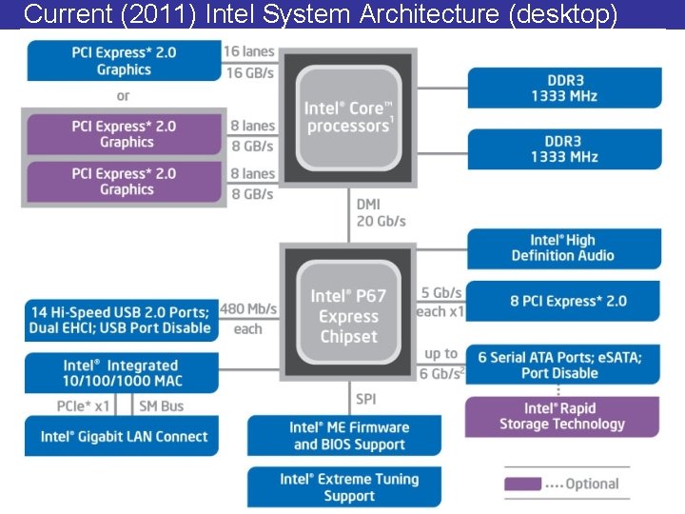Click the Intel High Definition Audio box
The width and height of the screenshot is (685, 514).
[x=563, y=247]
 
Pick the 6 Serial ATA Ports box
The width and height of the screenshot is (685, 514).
[x=560, y=365]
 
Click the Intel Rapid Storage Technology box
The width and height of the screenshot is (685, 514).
[x=561, y=416]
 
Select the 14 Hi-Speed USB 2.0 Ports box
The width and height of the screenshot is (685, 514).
[x=121, y=320]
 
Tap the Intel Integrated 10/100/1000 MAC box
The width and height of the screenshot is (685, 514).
[x=121, y=373]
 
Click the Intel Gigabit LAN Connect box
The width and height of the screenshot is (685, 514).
[x=124, y=437]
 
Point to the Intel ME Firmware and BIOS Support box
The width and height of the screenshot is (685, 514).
[x=349, y=436]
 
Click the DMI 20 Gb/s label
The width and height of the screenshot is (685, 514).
[x=381, y=212]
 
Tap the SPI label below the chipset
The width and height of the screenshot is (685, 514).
[x=366, y=399]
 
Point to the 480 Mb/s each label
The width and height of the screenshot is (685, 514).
[x=247, y=318]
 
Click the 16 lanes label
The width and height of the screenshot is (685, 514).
[x=248, y=51]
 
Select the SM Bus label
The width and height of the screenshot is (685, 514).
[x=162, y=405]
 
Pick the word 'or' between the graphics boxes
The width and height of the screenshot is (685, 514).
[x=123, y=96]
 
